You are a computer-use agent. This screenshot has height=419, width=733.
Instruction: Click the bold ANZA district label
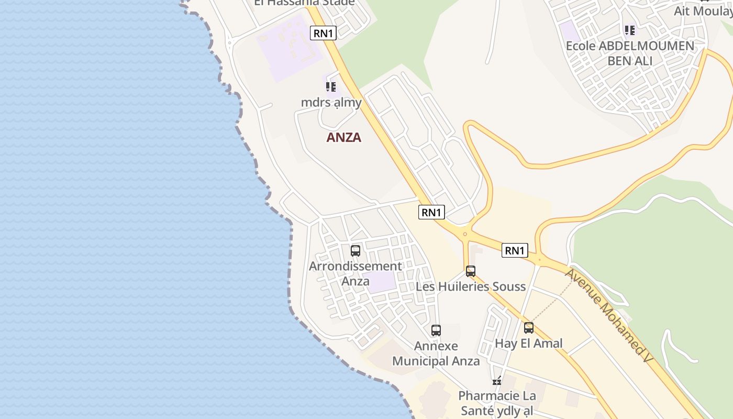(344, 137)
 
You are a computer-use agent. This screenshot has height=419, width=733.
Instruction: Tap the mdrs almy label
(331, 102)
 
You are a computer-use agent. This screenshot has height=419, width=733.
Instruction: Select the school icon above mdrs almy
(330, 86)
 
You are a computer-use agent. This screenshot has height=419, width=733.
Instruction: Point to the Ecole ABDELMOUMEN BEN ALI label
(630, 53)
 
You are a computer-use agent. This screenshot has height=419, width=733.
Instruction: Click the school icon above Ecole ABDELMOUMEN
(629, 30)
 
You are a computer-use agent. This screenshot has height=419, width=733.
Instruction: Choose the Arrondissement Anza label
(356, 273)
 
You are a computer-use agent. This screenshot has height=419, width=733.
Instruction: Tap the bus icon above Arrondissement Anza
(356, 251)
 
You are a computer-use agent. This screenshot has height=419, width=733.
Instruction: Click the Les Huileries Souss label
(470, 286)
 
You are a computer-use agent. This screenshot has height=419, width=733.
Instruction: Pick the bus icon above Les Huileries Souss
(471, 271)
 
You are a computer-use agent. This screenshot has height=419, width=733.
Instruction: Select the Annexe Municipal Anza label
(436, 354)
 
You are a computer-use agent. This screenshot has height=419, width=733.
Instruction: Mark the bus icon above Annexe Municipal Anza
(436, 330)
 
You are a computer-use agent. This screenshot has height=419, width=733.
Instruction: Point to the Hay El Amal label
(529, 343)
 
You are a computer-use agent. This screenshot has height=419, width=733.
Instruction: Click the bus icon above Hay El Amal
(529, 328)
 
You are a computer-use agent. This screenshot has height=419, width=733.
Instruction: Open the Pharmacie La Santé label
(497, 403)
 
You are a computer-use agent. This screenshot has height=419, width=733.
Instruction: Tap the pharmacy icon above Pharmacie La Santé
(497, 381)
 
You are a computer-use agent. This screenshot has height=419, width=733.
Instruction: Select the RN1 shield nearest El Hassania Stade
(323, 33)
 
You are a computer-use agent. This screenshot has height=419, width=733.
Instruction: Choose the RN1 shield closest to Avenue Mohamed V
(515, 250)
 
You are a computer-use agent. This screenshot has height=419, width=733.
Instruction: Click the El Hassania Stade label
(304, 3)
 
